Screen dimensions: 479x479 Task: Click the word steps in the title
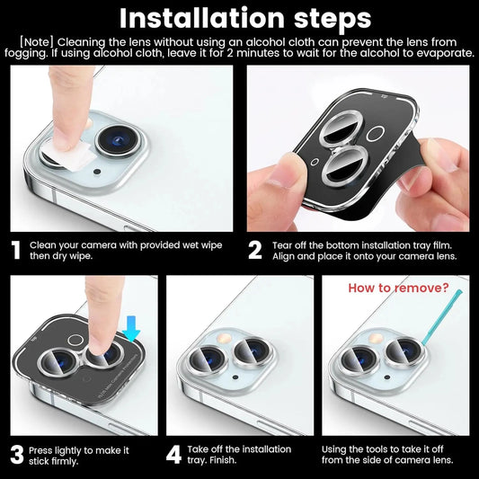(324, 18)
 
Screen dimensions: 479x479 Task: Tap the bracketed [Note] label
(40, 42)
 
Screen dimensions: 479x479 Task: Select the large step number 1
(15, 250)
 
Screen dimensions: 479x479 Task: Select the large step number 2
(254, 250)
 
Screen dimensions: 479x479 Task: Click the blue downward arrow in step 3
(132, 333)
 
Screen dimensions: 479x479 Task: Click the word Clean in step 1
(46, 244)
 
